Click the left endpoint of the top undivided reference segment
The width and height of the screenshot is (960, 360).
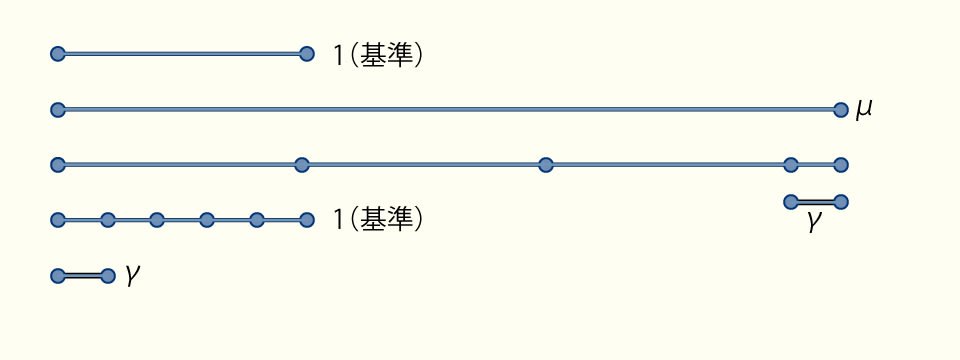[x=58, y=54]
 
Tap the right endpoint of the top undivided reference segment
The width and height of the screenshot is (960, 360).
[x=307, y=54]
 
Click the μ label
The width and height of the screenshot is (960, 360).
[x=864, y=107]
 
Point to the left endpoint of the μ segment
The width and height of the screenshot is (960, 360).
[x=58, y=109]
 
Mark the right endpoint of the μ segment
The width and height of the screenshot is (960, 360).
[x=840, y=109]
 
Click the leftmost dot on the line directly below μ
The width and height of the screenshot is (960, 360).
[x=58, y=164]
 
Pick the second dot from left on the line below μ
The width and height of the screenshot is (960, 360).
[x=302, y=164]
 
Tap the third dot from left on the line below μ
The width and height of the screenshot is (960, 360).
[x=545, y=164]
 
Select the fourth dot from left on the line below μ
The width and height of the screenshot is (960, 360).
[x=791, y=164]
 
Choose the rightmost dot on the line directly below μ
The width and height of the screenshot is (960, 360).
[x=840, y=164]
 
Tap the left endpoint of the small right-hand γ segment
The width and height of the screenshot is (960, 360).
[x=791, y=202]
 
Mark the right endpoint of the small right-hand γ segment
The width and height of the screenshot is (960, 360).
[x=840, y=202]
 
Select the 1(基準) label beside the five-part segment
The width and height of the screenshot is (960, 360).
[x=378, y=219]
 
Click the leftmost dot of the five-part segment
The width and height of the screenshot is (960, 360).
[x=58, y=220]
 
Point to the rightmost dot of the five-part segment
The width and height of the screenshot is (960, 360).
[x=307, y=220]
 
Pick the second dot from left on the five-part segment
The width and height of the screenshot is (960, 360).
[x=108, y=220]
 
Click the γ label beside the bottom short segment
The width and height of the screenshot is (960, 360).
[x=132, y=275]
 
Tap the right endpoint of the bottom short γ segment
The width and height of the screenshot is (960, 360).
[x=108, y=275]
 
